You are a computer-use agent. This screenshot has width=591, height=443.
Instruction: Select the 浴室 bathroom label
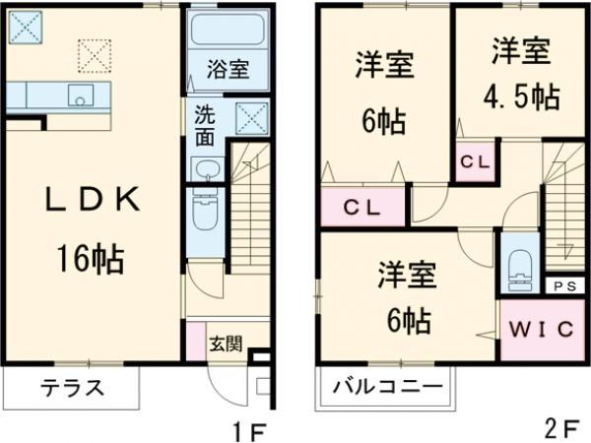point(227,70)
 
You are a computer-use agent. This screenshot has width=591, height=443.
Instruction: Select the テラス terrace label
point(71,387)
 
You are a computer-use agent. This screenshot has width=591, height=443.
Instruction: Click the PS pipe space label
point(562,286)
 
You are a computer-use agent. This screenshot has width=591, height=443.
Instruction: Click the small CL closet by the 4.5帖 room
point(476,159)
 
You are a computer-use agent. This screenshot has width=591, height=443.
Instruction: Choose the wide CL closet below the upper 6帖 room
point(363,207)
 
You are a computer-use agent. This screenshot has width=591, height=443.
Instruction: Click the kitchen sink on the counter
point(79,95)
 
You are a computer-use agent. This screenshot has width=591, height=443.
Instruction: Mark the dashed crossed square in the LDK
point(95,54)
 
